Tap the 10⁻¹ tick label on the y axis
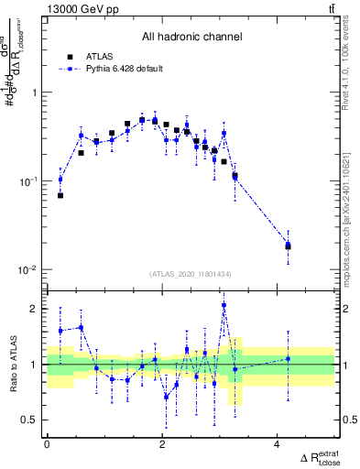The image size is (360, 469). click(30, 181)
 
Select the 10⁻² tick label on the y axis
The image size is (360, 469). click(30, 270)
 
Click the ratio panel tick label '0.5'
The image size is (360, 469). click(31, 420)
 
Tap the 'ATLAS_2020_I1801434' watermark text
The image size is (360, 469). click(191, 274)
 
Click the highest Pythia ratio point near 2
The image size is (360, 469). click(224, 305)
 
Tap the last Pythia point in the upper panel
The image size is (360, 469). click(288, 245)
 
